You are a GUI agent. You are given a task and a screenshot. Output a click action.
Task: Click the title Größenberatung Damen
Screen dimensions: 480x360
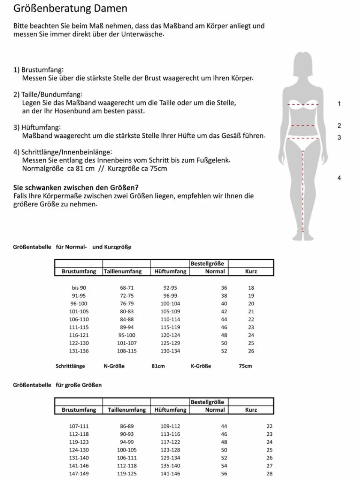tap(70, 9)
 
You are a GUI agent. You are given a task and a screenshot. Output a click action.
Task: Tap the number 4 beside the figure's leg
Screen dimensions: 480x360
tap(339, 178)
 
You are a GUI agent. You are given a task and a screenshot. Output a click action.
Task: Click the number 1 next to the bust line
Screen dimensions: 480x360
tap(339, 104)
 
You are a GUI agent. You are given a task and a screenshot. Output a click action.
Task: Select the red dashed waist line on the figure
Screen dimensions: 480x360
tap(303, 125)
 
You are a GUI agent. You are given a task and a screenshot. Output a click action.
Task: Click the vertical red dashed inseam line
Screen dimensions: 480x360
tap(303, 191)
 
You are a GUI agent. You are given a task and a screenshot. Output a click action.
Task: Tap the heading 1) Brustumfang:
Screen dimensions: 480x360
tap(39, 70)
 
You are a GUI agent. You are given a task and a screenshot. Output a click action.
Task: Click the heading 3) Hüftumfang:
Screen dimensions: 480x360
tap(37, 128)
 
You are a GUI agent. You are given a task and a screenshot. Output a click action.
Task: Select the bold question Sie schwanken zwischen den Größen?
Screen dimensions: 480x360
tap(76, 188)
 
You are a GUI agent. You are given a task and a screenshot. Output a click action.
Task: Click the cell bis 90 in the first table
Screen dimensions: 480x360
tap(79, 288)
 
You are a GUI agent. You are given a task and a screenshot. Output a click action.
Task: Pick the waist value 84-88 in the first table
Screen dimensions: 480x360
tap(127, 319)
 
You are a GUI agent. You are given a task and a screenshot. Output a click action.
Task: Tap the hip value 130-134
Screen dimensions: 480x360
tap(170, 351)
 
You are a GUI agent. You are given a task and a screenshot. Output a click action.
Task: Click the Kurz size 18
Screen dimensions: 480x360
tap(251, 288)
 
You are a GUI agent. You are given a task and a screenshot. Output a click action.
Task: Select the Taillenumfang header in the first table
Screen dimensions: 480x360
tap(123, 271)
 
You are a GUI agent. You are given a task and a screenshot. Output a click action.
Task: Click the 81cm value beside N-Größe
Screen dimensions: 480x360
tap(158, 366)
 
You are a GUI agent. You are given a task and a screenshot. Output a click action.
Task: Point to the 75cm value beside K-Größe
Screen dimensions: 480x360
tap(245, 366)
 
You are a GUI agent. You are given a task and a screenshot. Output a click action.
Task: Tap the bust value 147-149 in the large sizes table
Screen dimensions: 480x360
tap(79, 474)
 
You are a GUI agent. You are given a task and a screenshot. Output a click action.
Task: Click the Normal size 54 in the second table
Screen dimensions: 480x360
tap(224, 466)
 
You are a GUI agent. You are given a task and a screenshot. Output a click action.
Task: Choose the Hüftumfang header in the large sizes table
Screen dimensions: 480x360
tap(170, 410)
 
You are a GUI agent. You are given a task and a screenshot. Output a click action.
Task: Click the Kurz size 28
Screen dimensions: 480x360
tap(270, 474)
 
